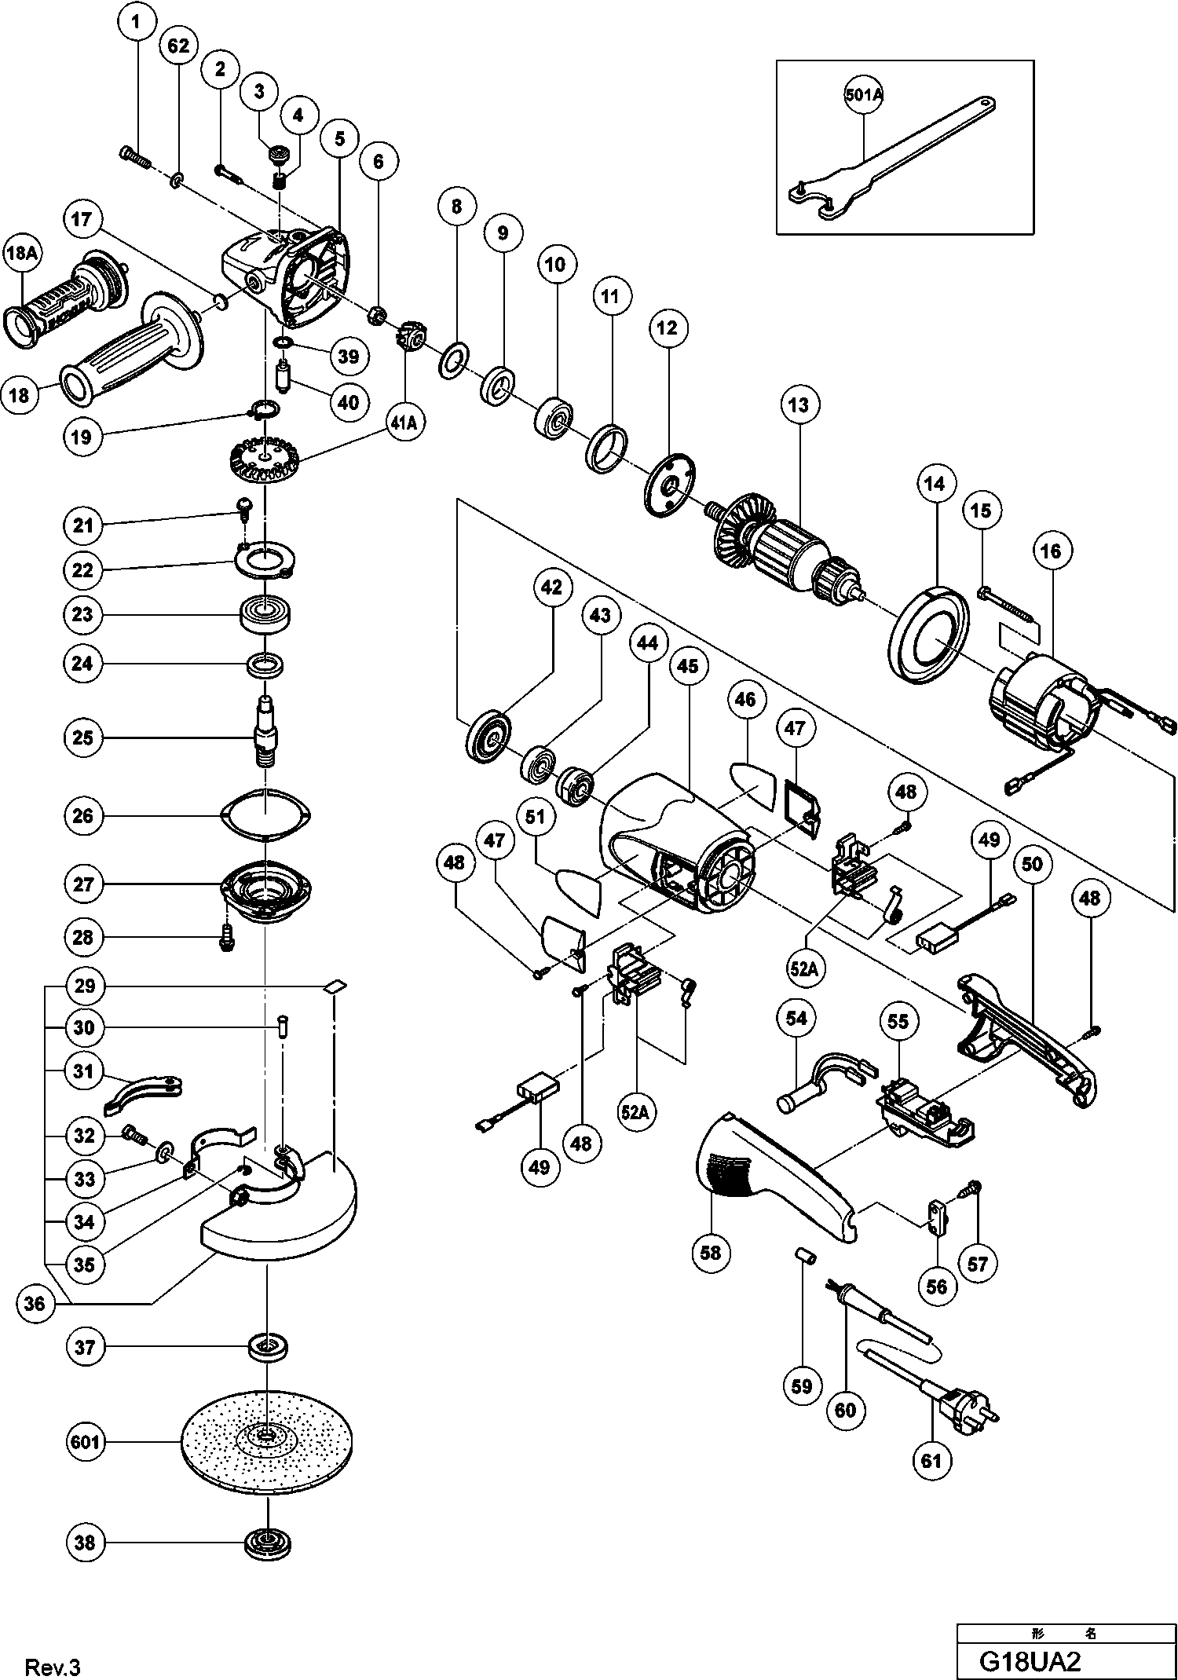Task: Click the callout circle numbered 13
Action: tap(799, 405)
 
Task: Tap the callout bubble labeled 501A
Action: tap(864, 96)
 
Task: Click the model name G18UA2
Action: tap(1032, 1662)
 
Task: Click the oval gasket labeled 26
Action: tap(266, 817)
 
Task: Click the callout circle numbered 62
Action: tap(178, 46)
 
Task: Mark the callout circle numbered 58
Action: tap(710, 1253)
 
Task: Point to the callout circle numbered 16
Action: tap(1051, 551)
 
